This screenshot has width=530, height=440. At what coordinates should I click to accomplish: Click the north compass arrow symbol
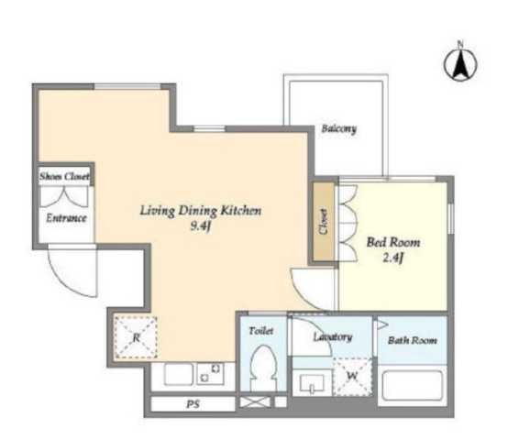[x=460, y=61]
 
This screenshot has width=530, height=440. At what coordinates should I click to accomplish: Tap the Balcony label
[x=338, y=128]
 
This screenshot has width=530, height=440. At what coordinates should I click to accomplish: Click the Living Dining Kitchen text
[x=201, y=211]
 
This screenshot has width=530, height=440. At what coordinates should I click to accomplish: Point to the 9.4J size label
[x=201, y=225]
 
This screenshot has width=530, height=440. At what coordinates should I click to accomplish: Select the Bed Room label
[x=393, y=242]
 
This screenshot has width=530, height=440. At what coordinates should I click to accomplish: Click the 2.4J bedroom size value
[x=393, y=258]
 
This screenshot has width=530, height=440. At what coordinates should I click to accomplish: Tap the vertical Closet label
[x=324, y=221]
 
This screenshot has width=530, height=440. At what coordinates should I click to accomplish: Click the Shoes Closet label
[x=64, y=176]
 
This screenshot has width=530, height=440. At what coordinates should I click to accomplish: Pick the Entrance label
[x=66, y=218]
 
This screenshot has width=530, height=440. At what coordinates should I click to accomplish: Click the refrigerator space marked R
[x=136, y=337]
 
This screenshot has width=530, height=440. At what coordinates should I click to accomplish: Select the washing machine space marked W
[x=352, y=376]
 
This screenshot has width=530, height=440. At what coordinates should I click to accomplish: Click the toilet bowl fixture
[x=264, y=368]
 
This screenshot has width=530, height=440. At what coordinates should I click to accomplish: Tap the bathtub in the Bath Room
[x=412, y=386]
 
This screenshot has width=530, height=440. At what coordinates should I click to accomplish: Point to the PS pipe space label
[x=193, y=404]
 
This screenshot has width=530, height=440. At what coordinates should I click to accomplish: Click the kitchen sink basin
[x=179, y=374]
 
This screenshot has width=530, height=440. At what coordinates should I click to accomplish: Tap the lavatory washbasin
[x=312, y=382]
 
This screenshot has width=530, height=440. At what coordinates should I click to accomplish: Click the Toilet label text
[x=261, y=331]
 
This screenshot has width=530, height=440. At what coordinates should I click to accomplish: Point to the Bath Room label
[x=413, y=340]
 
